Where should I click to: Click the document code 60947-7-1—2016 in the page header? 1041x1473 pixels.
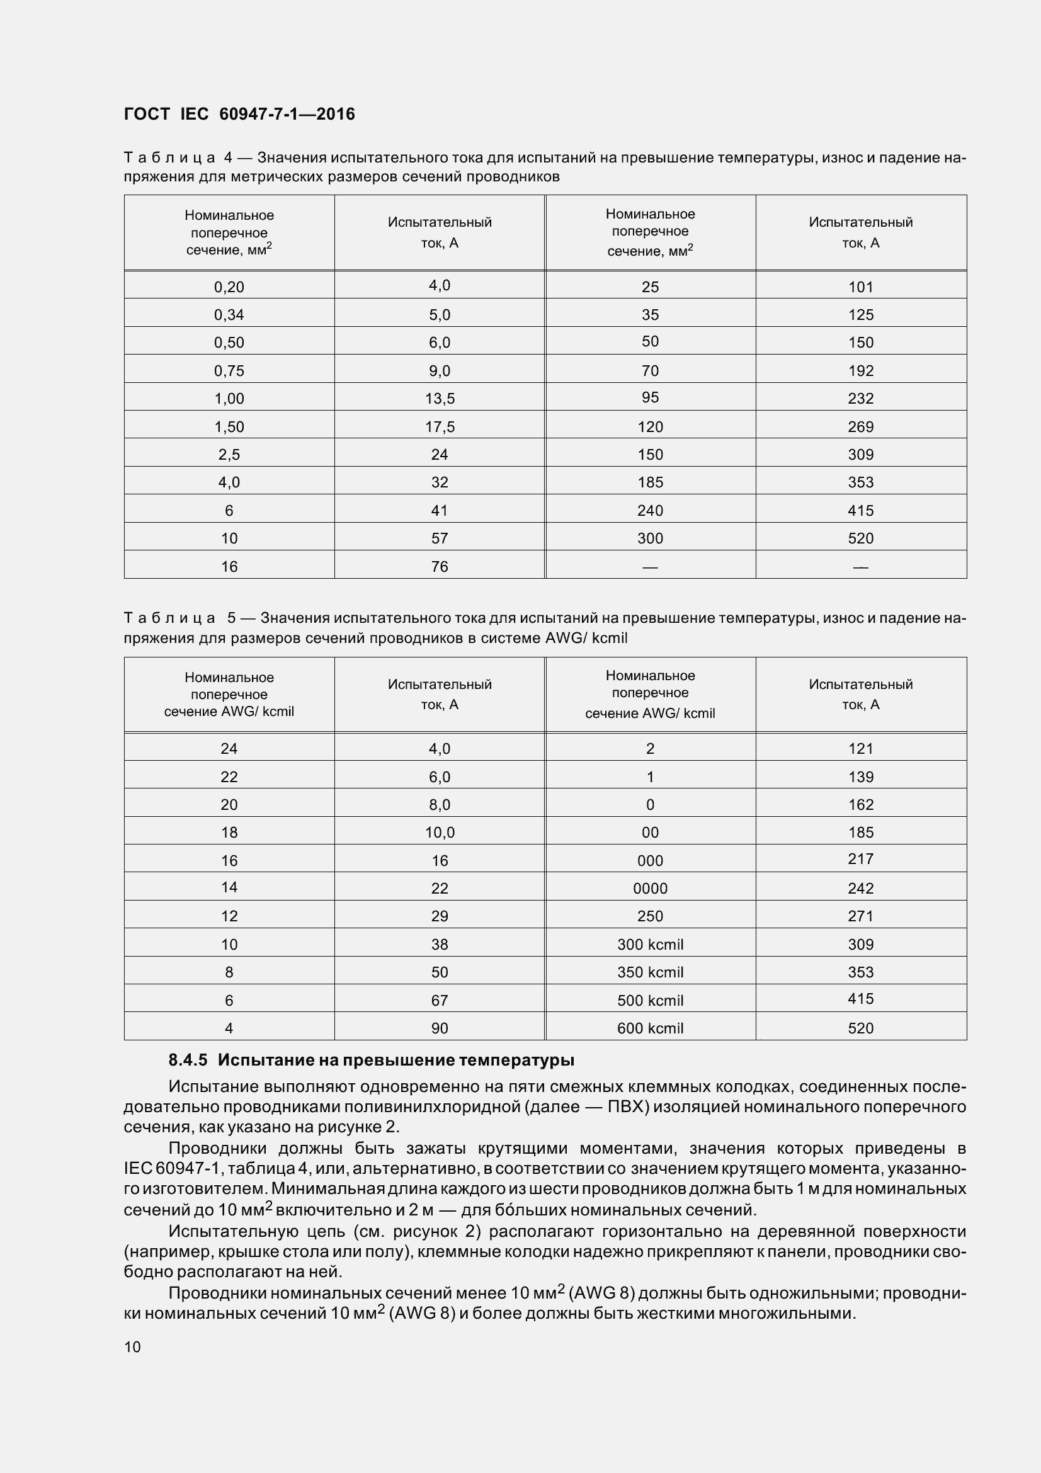click(287, 114)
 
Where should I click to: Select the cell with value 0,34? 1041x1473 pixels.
click(229, 314)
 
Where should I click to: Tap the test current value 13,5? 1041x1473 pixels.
click(440, 399)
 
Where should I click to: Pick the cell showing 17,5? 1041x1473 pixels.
click(440, 426)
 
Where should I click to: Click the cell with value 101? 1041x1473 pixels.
click(860, 287)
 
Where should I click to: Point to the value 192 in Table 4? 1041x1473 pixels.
click(860, 371)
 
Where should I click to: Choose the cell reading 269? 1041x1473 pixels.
click(860, 426)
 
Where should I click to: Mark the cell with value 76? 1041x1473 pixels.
click(440, 567)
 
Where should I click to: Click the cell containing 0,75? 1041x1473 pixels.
click(229, 371)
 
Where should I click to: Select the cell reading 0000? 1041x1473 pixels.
click(650, 889)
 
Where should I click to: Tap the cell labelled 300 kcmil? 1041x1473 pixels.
click(650, 945)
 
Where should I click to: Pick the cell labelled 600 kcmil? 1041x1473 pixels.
click(650, 1028)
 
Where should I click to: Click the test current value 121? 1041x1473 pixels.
click(860, 749)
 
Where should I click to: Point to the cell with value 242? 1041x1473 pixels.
click(860, 889)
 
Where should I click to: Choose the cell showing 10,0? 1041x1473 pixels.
click(440, 833)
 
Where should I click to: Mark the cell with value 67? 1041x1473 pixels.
click(440, 1000)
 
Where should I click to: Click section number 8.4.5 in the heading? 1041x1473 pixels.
click(187, 1061)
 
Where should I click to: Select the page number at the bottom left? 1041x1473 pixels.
click(132, 1346)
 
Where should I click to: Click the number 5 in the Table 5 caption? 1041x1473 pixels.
click(231, 618)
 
